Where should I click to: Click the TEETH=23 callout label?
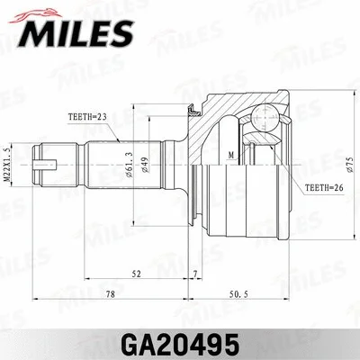coord(88,117)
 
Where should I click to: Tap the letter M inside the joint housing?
coord(232,155)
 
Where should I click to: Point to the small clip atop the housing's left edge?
coord(193,112)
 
